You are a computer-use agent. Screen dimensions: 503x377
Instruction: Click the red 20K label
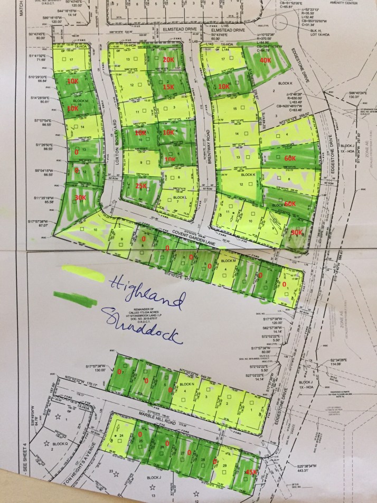point(168,60)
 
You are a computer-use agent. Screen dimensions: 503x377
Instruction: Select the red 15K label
point(168,87)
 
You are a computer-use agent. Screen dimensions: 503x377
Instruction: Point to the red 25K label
point(141,186)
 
